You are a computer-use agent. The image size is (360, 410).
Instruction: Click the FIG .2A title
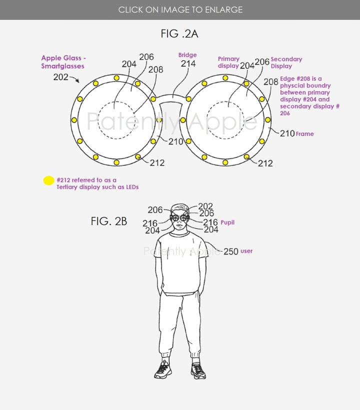coord(179,33)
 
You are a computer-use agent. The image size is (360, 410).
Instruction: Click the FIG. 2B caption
coord(109,221)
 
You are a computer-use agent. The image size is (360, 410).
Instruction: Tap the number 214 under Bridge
coord(188,63)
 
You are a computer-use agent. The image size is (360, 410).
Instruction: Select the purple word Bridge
coord(187,55)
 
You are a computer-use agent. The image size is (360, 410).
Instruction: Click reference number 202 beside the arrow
coord(60,77)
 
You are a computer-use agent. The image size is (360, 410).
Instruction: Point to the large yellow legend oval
coord(48,180)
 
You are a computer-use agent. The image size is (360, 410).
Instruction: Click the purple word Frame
coord(305,134)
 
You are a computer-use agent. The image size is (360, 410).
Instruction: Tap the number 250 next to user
coord(231,251)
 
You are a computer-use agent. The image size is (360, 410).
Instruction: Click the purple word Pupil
coord(227,222)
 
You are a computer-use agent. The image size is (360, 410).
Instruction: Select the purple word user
coord(246,251)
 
